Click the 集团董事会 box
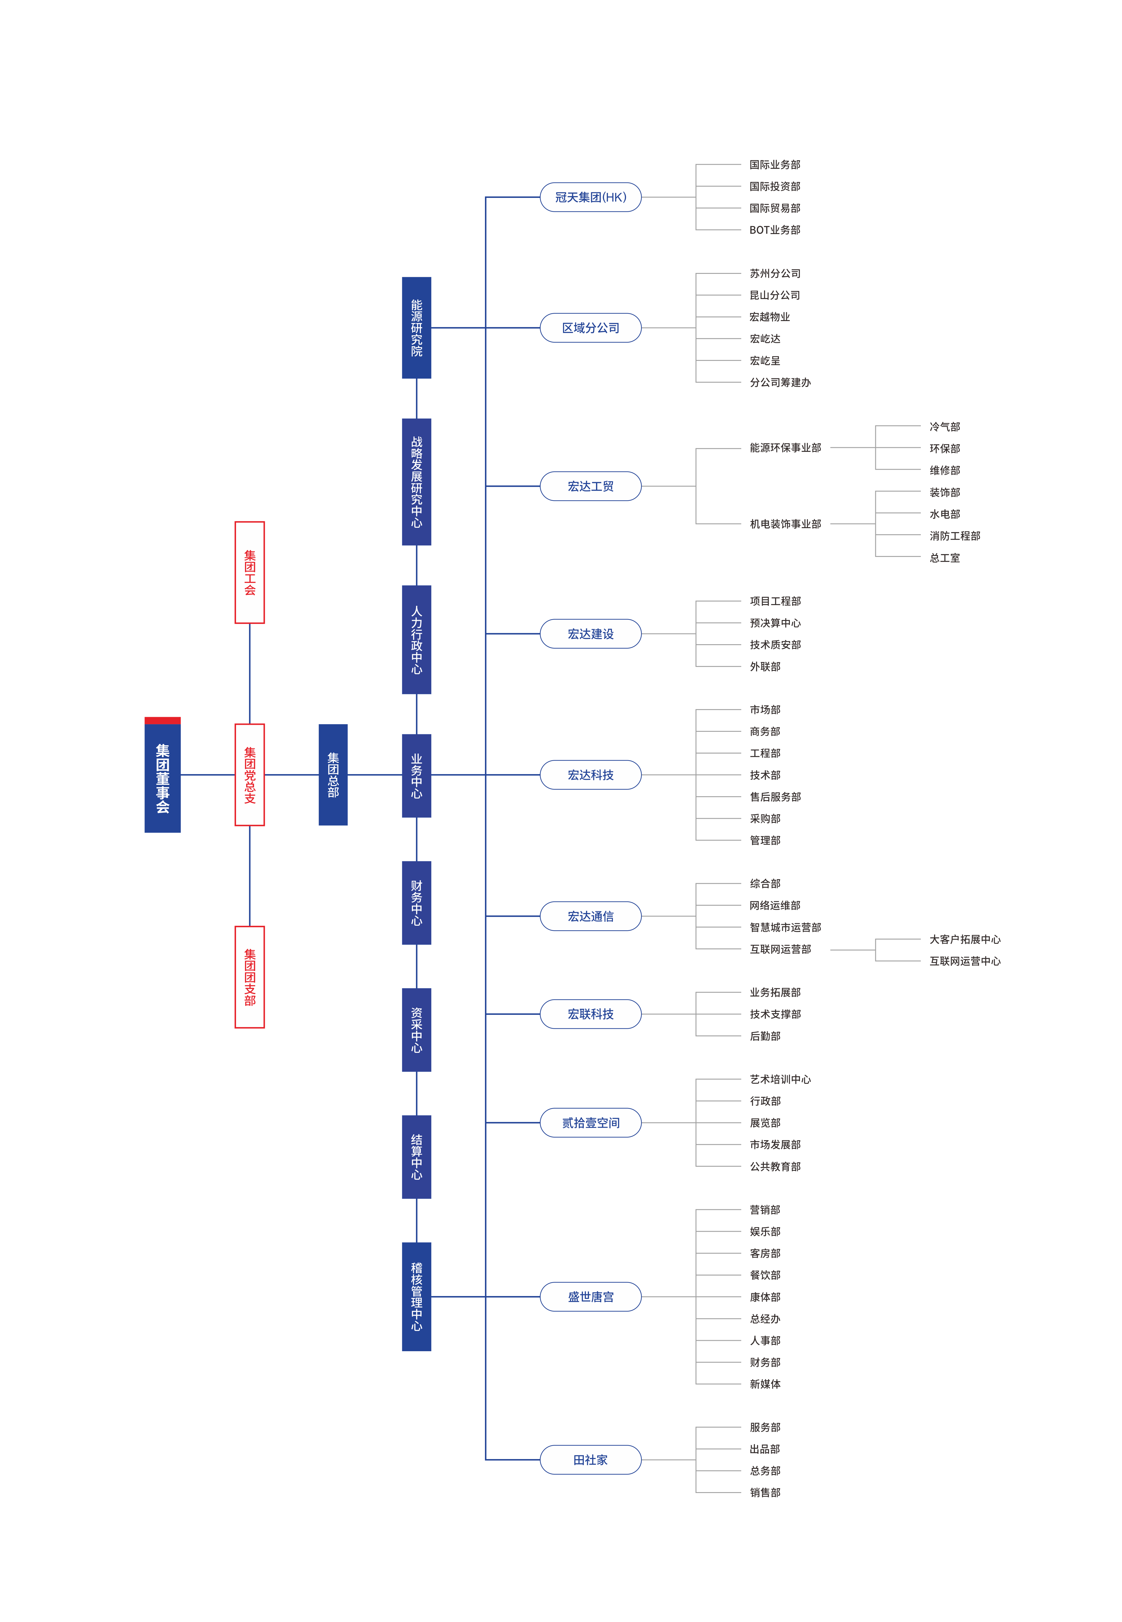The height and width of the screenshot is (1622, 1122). [x=162, y=777]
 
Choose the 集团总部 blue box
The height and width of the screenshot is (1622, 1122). [x=333, y=774]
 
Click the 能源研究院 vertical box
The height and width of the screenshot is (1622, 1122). [x=416, y=328]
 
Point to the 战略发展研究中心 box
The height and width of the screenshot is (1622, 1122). [x=416, y=482]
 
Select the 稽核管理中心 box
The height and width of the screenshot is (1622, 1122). [x=416, y=1296]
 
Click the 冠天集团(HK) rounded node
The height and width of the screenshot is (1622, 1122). [x=591, y=197]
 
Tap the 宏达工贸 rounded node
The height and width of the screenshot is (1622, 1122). [x=591, y=486]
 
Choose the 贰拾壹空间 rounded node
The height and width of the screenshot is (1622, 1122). [x=591, y=1123]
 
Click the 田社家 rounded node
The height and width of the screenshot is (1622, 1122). [x=591, y=1460]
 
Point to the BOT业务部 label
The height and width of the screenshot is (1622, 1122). [x=775, y=230]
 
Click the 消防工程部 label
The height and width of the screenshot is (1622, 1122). [x=955, y=536]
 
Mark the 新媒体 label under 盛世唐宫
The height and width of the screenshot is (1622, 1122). [x=765, y=1384]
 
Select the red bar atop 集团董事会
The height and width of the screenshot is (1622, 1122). [x=162, y=720]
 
